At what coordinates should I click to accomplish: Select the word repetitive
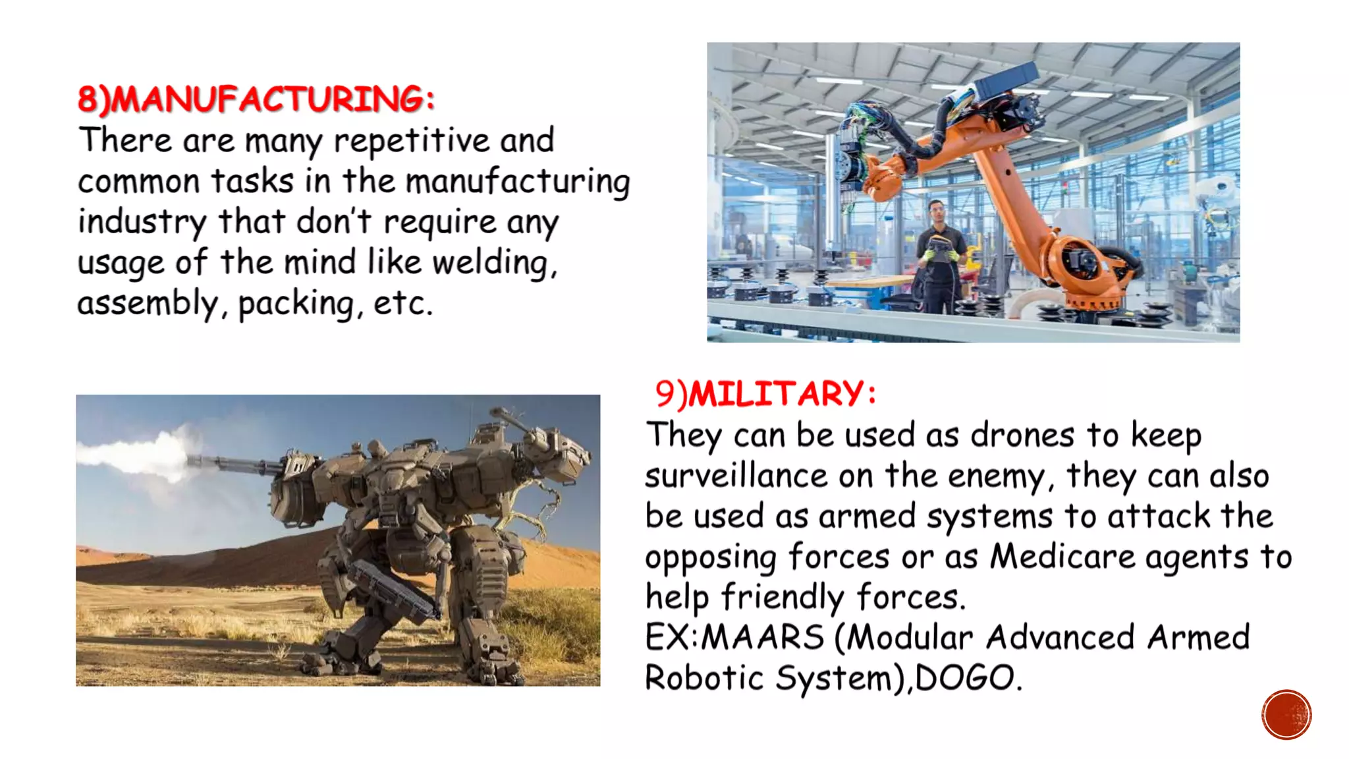tap(411, 141)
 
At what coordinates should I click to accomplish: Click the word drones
tap(1022, 435)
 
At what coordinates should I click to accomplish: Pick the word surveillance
tap(736, 476)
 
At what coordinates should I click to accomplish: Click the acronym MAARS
tap(761, 637)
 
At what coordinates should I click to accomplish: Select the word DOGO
tap(964, 678)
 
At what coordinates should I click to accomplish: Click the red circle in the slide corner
tap(1286, 715)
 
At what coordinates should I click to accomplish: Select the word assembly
tap(148, 304)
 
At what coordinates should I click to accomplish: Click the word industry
tap(141, 222)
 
